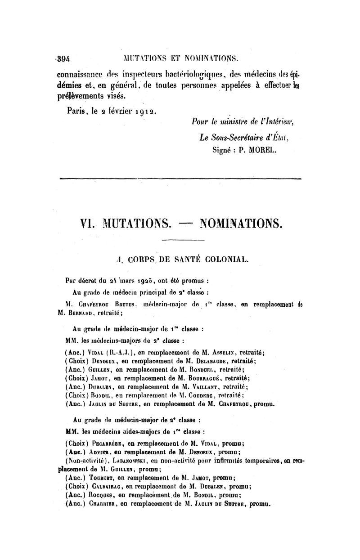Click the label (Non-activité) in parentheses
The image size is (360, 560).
point(85,461)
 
